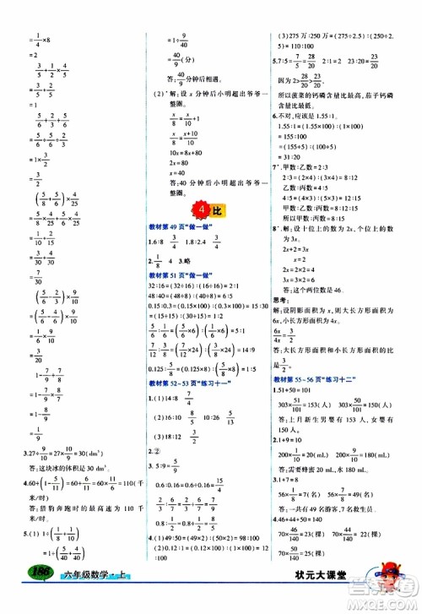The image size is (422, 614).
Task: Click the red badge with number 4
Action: coord(196,209)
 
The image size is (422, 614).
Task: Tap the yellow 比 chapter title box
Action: coord(212,209)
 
